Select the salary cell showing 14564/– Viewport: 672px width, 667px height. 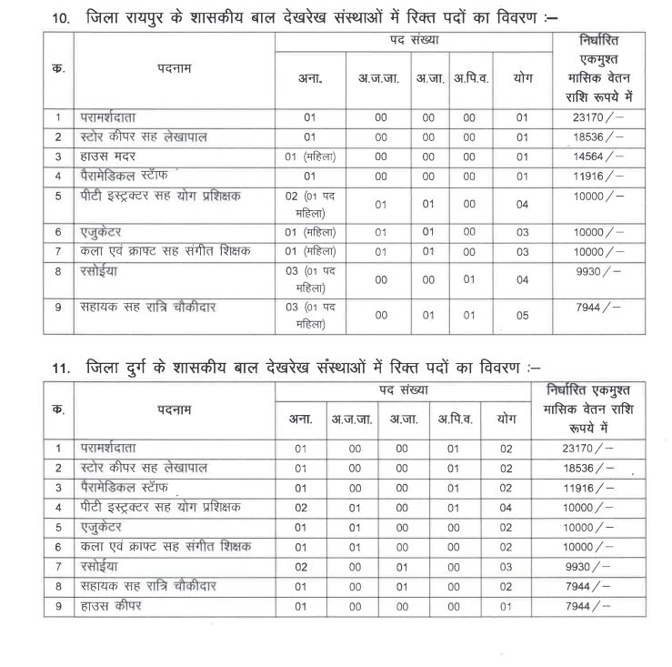pyautogui.click(x=597, y=156)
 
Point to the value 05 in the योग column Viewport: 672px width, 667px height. pyautogui.click(x=522, y=314)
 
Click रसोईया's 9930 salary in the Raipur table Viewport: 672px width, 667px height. pyautogui.click(x=597, y=271)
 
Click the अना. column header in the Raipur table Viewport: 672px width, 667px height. pyautogui.click(x=310, y=79)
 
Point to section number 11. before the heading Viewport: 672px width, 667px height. pyautogui.click(x=61, y=369)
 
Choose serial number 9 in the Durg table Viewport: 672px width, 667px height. pyautogui.click(x=57, y=605)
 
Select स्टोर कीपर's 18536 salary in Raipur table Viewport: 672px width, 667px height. pyautogui.click(x=597, y=136)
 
